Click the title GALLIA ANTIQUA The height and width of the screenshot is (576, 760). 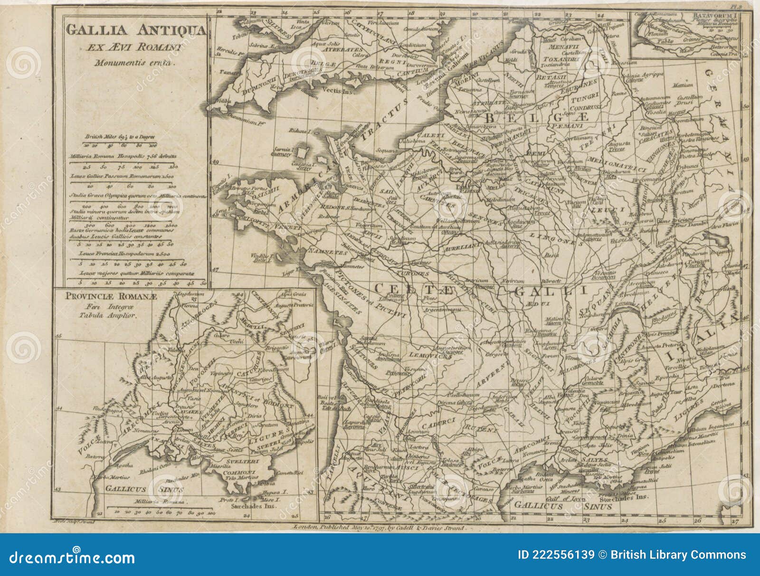click(135, 30)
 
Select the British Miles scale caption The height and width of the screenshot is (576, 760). click(120, 137)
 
